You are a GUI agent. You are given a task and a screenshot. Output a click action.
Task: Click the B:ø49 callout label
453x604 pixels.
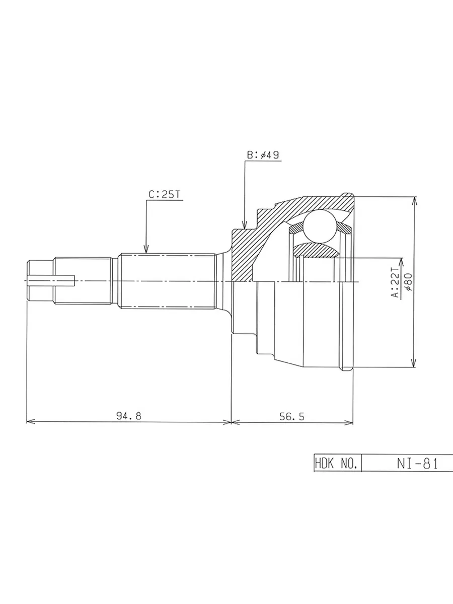tap(263, 155)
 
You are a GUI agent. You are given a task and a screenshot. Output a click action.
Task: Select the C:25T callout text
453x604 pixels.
tap(164, 195)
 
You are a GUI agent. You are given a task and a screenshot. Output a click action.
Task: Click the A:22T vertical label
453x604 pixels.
tap(396, 282)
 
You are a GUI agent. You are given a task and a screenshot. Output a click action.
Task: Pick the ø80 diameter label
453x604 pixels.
tap(409, 282)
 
